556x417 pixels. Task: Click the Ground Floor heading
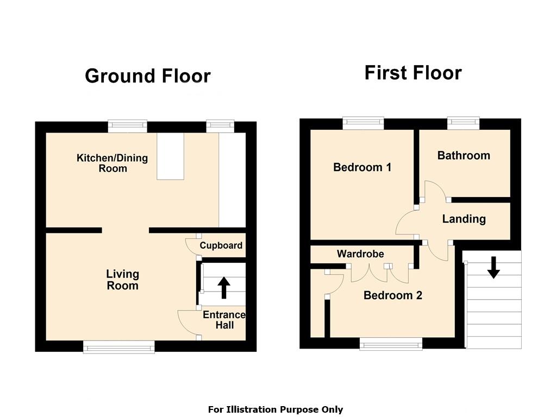click(148, 76)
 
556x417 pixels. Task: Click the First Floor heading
click(413, 73)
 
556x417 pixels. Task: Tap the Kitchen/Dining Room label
click(113, 163)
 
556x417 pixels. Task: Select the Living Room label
click(123, 280)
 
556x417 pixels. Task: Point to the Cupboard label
click(221, 245)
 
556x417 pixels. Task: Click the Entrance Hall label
click(224, 320)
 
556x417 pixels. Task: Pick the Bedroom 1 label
click(363, 167)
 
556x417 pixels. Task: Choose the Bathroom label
click(464, 155)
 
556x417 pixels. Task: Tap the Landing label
click(464, 219)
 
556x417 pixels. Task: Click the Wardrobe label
click(360, 254)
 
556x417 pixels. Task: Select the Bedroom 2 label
click(393, 295)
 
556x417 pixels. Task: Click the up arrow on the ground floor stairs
click(224, 288)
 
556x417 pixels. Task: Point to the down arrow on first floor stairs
click(493, 268)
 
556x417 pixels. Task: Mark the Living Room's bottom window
click(119, 347)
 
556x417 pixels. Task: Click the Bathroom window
click(464, 123)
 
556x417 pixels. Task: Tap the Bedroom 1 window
click(364, 123)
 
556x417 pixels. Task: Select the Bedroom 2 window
click(391, 344)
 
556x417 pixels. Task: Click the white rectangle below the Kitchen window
click(171, 156)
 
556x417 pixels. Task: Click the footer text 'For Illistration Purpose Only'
click(276, 409)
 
